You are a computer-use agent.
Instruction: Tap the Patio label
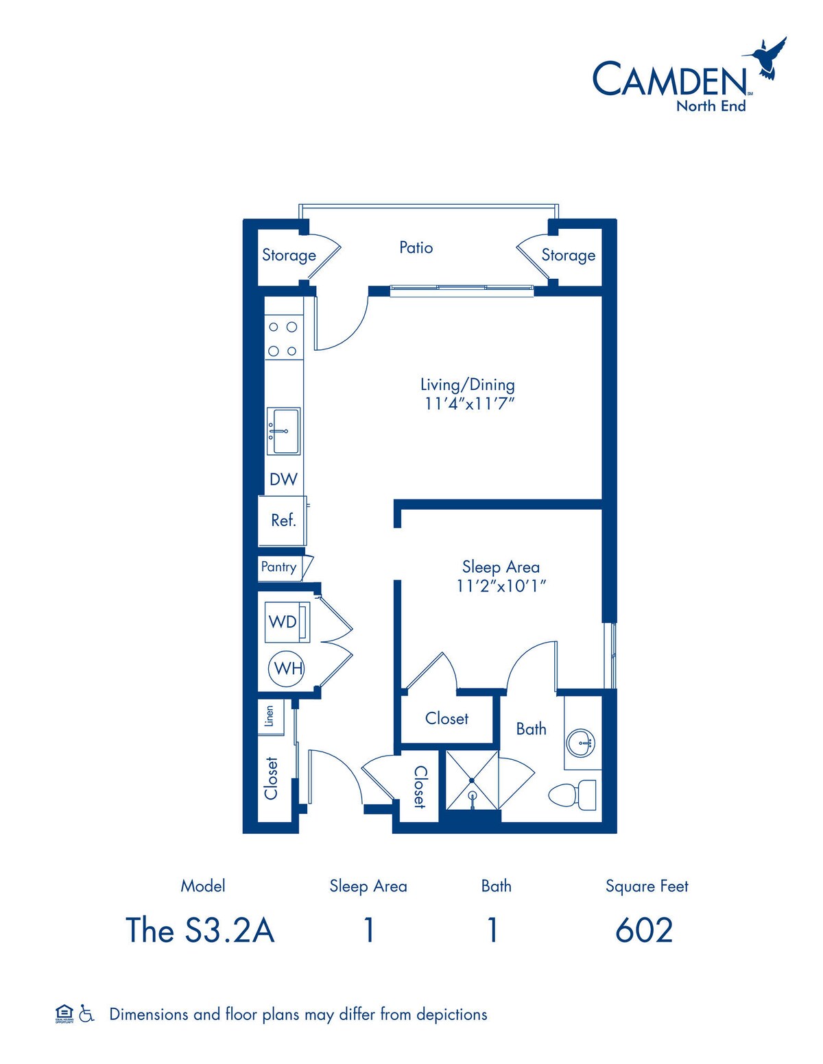tap(416, 248)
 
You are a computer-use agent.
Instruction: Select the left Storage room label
tap(289, 255)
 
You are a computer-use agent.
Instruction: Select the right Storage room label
tap(568, 255)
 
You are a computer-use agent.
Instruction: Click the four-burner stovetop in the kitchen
tap(284, 338)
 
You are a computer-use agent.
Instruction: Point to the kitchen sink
tap(284, 431)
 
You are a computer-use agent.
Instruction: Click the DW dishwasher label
tap(283, 479)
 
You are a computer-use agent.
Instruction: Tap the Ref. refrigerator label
tap(283, 520)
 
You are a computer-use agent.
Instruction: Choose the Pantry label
tap(278, 567)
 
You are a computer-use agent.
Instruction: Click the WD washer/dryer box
tap(287, 622)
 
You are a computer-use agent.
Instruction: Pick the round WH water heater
tap(287, 669)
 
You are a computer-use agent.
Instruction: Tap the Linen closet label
tap(269, 716)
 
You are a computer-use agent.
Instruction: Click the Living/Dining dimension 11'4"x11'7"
tap(470, 404)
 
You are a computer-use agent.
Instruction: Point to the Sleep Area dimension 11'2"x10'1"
tap(501, 586)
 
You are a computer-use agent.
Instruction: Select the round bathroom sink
tap(582, 743)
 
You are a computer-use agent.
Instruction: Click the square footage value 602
tap(644, 930)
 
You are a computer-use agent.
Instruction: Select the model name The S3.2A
tap(200, 930)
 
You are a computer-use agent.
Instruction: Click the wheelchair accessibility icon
tap(87, 1013)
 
